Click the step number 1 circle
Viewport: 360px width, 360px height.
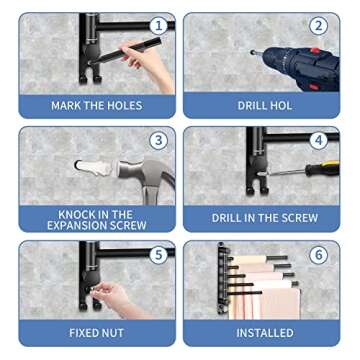point(158,27)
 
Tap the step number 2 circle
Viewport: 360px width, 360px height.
point(318,27)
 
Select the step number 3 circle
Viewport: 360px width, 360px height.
point(158,141)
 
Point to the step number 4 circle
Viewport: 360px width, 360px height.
point(318,141)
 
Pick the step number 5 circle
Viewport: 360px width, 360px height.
point(158,255)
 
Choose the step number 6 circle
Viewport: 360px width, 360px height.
point(318,255)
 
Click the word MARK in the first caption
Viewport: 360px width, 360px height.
point(66,106)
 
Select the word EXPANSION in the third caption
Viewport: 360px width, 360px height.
point(78,225)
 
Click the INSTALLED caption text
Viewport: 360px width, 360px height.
point(265,333)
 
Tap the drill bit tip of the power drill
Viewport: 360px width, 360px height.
point(253,52)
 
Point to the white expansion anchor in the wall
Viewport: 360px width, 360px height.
point(94,168)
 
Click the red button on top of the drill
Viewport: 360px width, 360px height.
point(315,51)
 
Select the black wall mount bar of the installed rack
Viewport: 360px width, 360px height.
point(221,279)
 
